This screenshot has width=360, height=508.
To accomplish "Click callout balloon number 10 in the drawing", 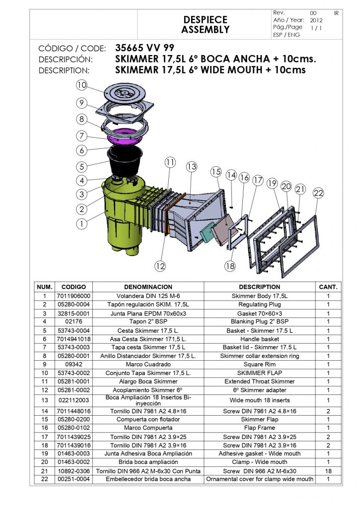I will [81, 85].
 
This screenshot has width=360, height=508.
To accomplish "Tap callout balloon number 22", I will [319, 193].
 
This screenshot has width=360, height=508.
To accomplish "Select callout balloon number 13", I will [192, 166].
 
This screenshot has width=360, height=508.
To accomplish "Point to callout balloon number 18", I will [229, 266].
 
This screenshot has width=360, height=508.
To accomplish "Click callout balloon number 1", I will [81, 224].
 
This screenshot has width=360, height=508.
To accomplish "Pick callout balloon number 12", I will [159, 266].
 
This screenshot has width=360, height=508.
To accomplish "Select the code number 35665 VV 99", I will [144, 49].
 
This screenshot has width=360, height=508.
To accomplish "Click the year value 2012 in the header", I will [316, 20].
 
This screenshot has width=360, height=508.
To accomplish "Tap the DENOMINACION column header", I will [148, 287].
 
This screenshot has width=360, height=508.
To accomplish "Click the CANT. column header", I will [328, 287].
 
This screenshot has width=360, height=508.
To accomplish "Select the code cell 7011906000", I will [73, 296].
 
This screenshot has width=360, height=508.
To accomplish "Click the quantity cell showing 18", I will [328, 471].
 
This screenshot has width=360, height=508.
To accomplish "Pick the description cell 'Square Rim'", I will [260, 364].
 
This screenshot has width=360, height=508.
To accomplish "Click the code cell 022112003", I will [73, 400].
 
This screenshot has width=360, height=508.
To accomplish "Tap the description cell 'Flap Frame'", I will [260, 428].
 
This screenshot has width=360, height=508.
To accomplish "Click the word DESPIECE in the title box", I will [205, 19].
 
